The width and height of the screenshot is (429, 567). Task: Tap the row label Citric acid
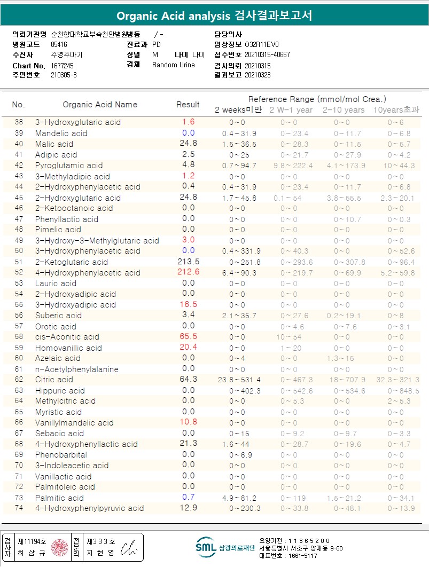(x=54, y=380)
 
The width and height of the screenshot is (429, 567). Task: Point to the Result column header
(x=188, y=105)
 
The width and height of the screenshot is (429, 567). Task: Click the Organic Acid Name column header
(x=100, y=105)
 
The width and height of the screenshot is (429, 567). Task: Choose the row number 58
(x=19, y=337)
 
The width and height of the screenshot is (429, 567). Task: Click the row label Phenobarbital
(x=61, y=455)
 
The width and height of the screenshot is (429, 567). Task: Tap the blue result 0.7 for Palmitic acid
(x=188, y=498)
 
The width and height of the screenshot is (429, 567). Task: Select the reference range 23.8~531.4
(x=239, y=380)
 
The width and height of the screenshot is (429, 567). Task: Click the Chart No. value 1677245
(x=63, y=65)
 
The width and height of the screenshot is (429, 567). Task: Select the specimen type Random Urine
(x=174, y=65)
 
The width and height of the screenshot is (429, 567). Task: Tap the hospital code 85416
(x=59, y=45)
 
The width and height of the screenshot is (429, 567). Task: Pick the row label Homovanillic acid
(x=68, y=348)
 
